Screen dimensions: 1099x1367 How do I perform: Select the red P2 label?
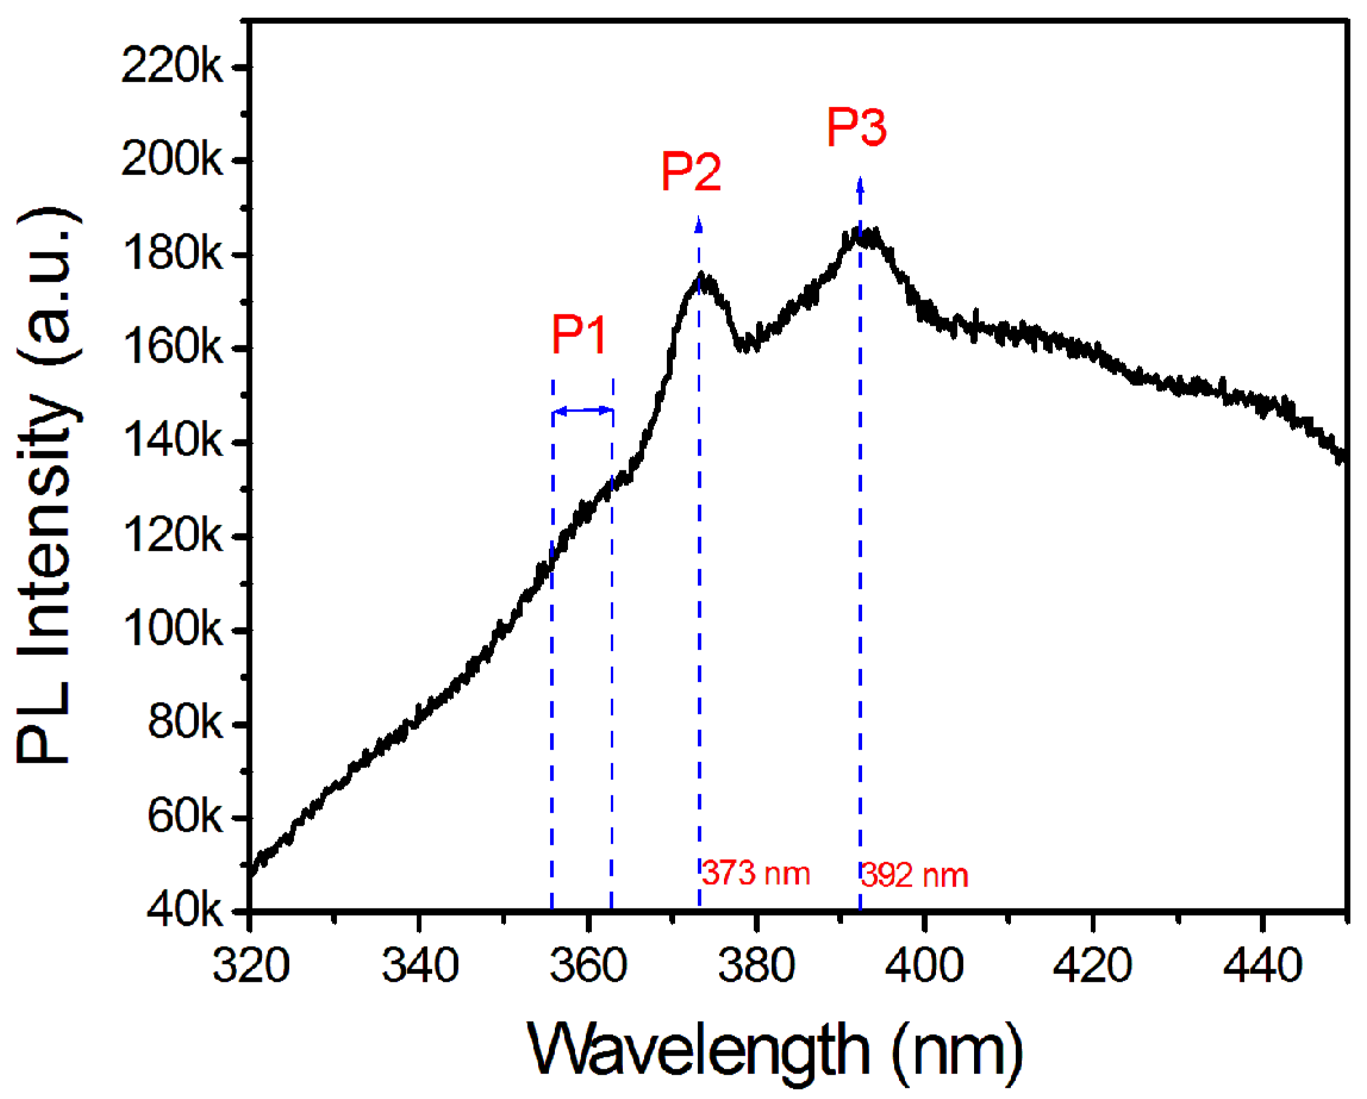[x=691, y=171]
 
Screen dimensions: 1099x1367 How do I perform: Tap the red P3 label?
[x=856, y=127]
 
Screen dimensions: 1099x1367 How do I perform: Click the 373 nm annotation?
[x=756, y=873]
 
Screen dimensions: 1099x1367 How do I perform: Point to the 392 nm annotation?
[x=915, y=875]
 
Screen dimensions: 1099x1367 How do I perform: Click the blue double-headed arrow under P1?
[x=583, y=411]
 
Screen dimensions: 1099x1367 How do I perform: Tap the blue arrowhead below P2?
[x=699, y=224]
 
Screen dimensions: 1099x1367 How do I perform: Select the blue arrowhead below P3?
[x=860, y=185]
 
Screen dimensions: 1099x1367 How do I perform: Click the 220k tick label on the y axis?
[x=172, y=66]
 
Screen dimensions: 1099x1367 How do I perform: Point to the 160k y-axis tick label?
[x=172, y=348]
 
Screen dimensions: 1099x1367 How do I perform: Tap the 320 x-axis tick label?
[x=251, y=966]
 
